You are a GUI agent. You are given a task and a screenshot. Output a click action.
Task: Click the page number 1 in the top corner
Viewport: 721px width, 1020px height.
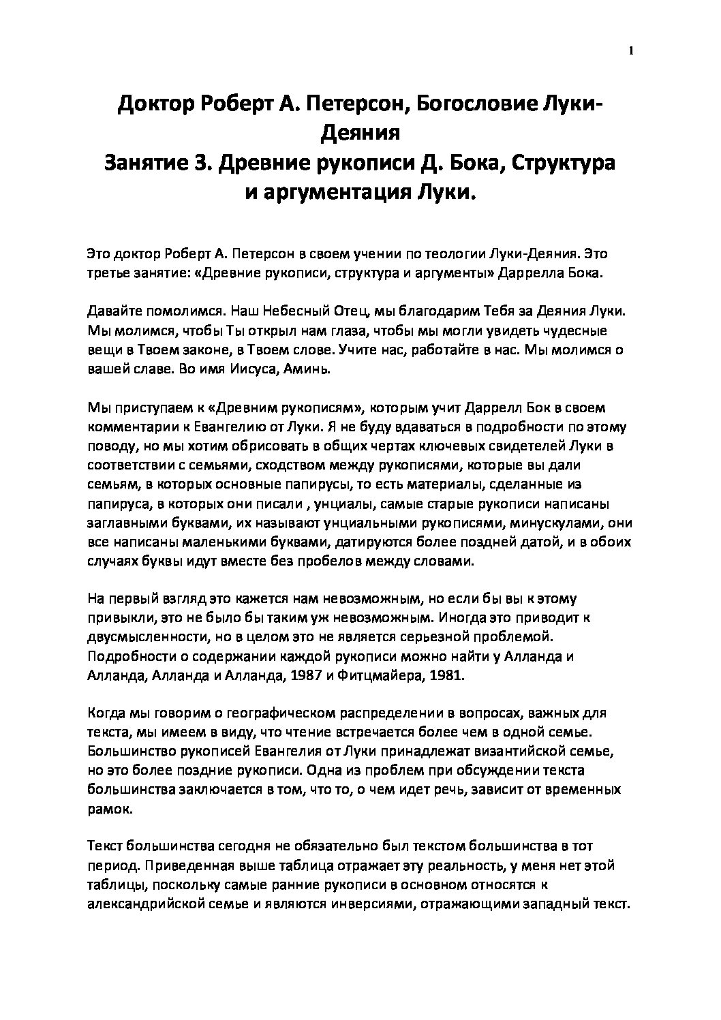point(631,50)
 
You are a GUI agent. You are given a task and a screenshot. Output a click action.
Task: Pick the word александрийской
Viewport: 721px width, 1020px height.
point(153,906)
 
